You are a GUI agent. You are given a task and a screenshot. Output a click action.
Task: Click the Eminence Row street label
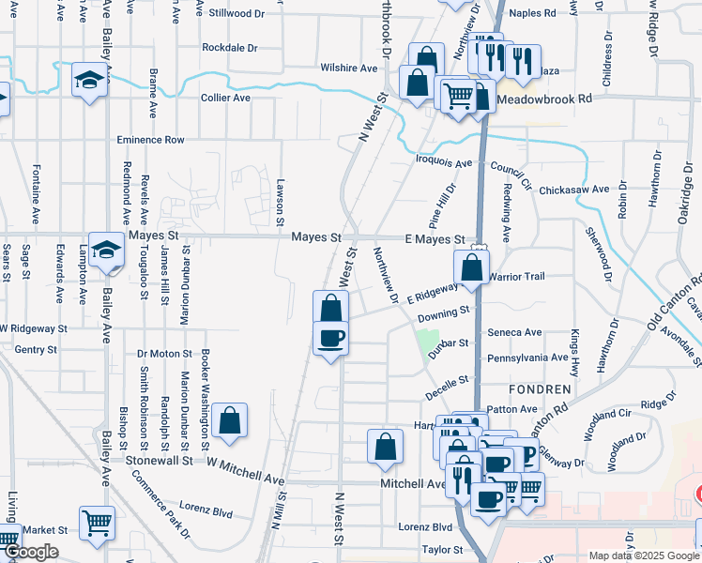(x=150, y=140)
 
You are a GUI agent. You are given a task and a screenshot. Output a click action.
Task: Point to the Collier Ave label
(x=225, y=98)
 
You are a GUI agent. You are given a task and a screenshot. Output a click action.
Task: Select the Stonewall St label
(x=160, y=461)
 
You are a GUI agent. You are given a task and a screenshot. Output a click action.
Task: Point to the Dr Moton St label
(x=165, y=354)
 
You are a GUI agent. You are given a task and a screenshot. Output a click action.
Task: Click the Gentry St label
(x=37, y=349)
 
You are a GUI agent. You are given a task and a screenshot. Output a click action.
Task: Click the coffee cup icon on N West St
(x=329, y=338)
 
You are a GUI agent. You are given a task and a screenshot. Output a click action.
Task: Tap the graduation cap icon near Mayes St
(x=107, y=250)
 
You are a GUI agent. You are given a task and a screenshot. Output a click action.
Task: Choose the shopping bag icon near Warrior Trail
(x=472, y=266)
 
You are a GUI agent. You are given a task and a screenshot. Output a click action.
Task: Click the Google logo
(x=31, y=553)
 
